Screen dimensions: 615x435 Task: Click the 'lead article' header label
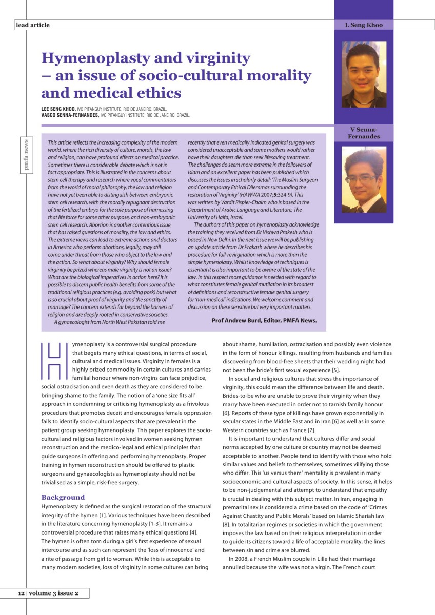(x=32, y=25)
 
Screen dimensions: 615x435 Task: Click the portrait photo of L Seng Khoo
(x=364, y=74)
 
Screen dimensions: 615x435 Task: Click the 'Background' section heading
(x=63, y=497)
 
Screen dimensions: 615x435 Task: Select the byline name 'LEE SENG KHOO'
(x=58, y=109)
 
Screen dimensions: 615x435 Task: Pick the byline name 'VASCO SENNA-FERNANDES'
(x=70, y=115)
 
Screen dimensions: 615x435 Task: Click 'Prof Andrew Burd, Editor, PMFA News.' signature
(x=264, y=321)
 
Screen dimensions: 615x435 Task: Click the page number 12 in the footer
(x=21, y=593)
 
